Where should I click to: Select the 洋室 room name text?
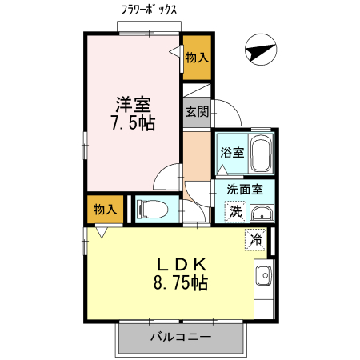[x=133, y=104]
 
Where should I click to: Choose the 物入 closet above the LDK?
[x=106, y=210]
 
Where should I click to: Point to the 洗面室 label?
[x=245, y=190]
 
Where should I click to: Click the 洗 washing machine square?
[x=235, y=211]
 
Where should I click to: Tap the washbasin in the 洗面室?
[x=261, y=213]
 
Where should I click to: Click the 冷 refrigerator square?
[x=257, y=239]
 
